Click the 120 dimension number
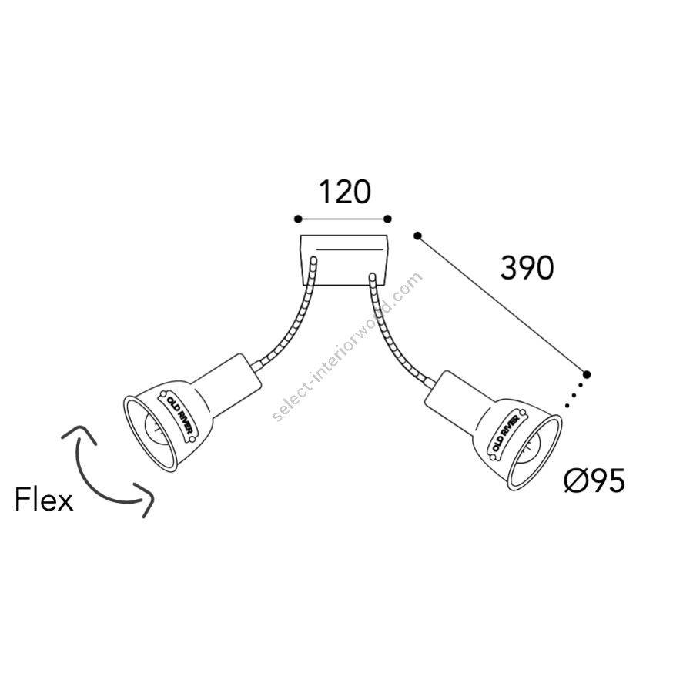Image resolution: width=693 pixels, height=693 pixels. [x=345, y=192]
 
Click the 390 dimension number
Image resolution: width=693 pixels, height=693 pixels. [x=527, y=267]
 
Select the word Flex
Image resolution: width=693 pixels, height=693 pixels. [x=44, y=500]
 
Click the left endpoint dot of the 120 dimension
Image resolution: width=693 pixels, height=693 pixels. [x=298, y=219]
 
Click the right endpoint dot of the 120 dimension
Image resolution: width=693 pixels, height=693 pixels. [x=387, y=219]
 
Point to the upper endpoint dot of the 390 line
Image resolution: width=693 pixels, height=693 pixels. [x=417, y=236]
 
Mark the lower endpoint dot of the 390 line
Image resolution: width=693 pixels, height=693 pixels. [x=587, y=375]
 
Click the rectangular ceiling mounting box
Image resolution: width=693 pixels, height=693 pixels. [x=344, y=260]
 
